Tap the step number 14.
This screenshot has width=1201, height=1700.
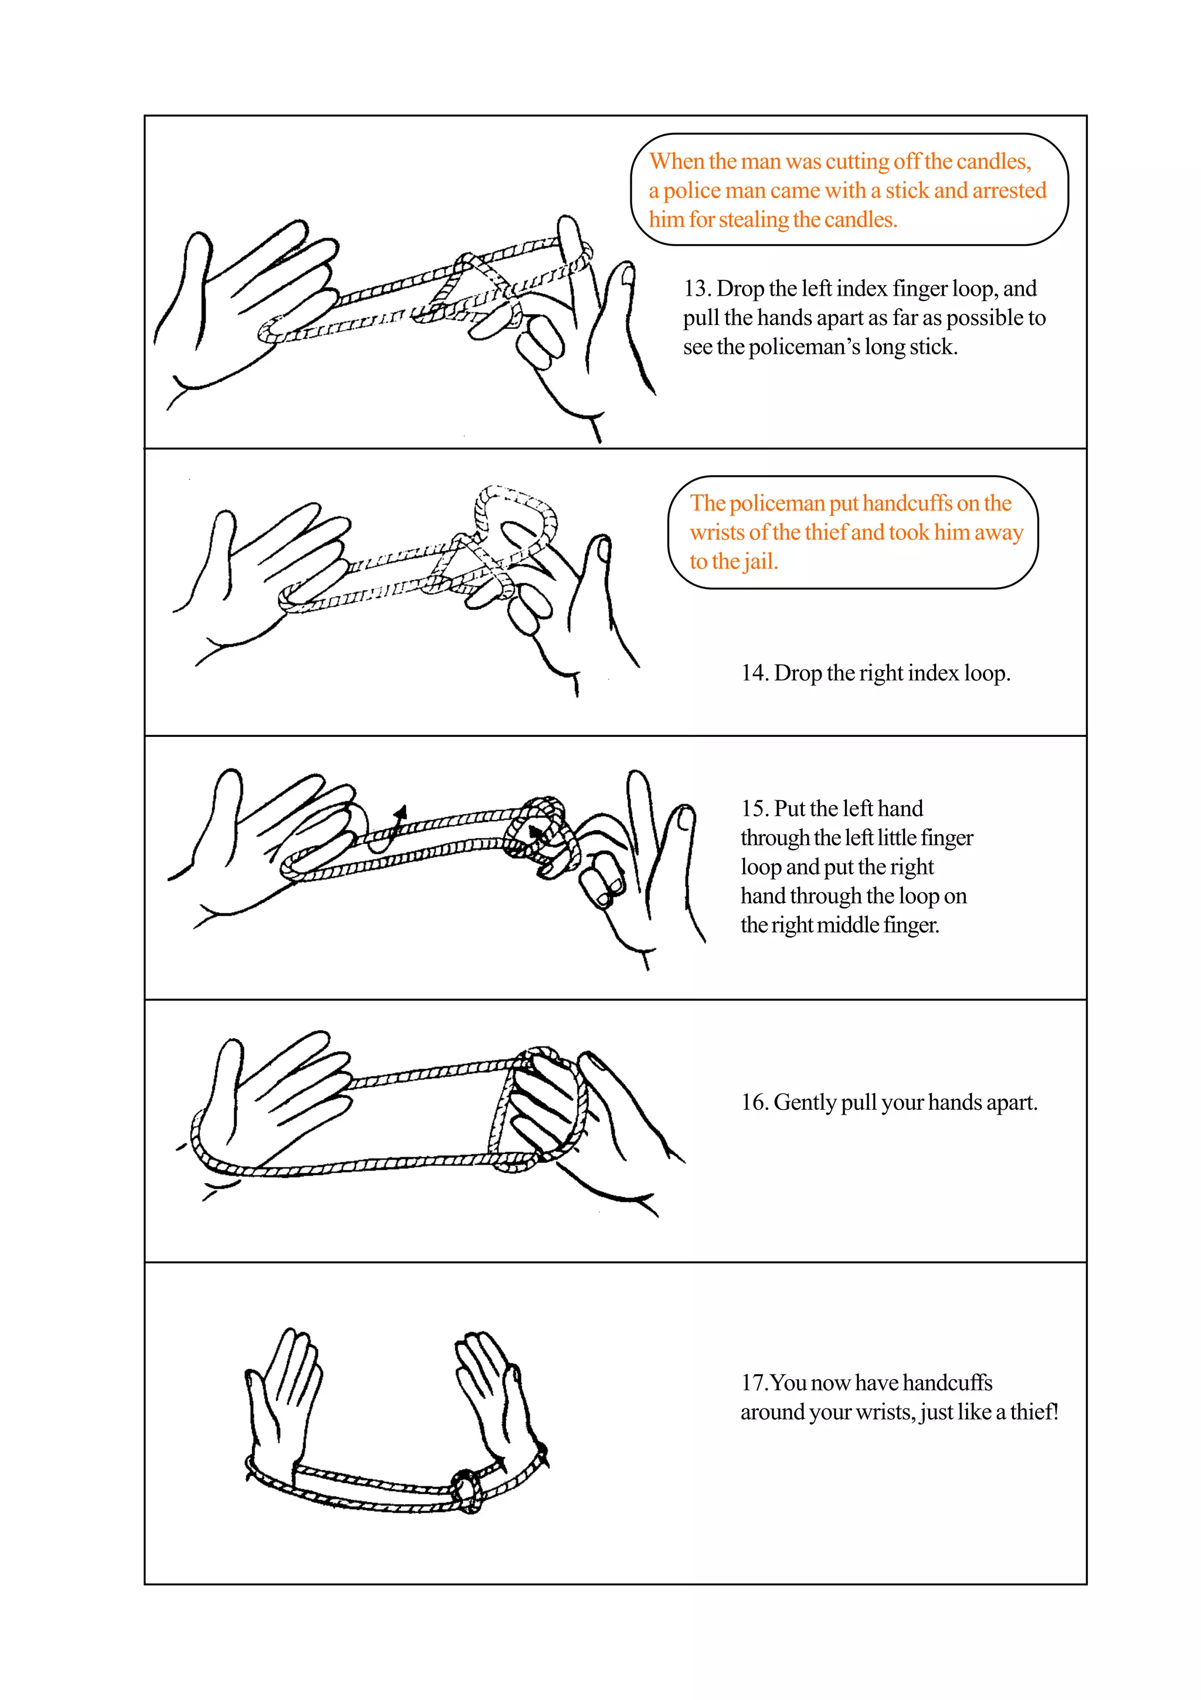point(754,673)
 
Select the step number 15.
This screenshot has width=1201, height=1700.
point(754,808)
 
